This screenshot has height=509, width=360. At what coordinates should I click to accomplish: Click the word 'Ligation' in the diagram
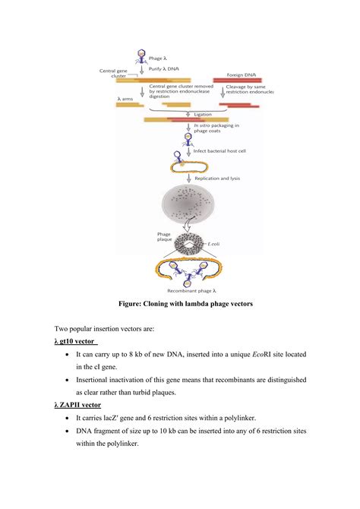click(x=203, y=114)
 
